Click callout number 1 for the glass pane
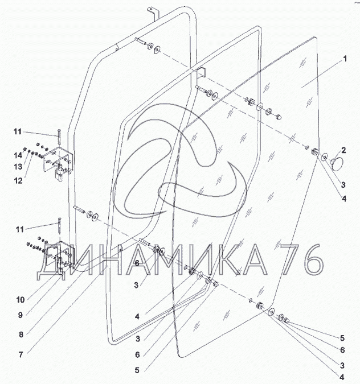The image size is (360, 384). click(345, 59)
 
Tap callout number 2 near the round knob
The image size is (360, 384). click(343, 150)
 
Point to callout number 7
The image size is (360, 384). click(21, 354)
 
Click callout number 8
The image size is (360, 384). click(21, 335)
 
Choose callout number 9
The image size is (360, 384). click(21, 315)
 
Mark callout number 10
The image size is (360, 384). click(21, 299)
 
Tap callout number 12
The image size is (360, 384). click(18, 181)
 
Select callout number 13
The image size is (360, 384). click(18, 167)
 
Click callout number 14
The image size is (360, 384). click(18, 155)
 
